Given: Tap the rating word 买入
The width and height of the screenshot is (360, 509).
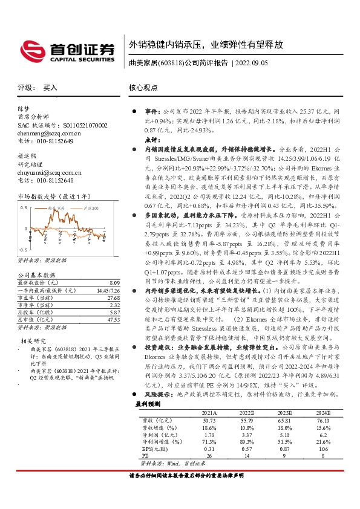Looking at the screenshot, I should click(x=50, y=88).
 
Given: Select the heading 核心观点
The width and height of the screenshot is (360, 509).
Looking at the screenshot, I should click(x=143, y=88).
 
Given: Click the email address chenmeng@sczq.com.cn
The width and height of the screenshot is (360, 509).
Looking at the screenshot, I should click(x=49, y=133).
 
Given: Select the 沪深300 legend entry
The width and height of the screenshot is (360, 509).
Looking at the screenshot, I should click(x=90, y=207).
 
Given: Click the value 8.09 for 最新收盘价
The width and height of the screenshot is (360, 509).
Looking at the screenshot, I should click(x=114, y=282).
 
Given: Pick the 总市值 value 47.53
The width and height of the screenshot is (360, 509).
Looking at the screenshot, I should click(x=113, y=319).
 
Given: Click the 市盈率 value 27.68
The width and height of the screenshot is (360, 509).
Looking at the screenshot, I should click(x=113, y=297).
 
